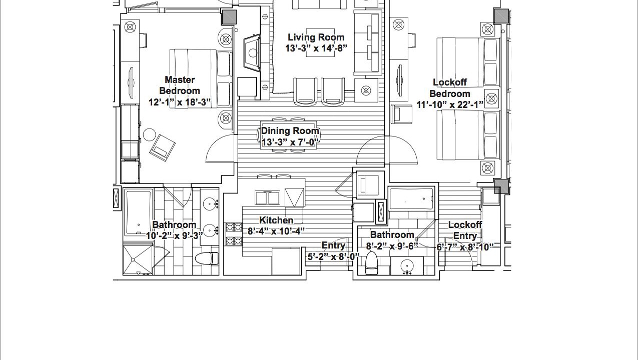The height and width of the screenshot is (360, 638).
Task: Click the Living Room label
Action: [316, 37]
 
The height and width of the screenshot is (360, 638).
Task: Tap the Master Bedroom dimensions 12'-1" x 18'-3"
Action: [180, 102]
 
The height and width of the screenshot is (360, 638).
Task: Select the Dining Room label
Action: [290, 131]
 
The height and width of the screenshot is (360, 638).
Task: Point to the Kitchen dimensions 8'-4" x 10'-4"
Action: [276, 231]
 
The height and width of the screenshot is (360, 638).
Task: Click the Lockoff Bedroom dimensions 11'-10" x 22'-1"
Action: [450, 104]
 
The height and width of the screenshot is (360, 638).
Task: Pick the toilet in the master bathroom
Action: [207, 258]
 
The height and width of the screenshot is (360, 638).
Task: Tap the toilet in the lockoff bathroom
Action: [371, 263]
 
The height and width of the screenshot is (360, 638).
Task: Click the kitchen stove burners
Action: [234, 234]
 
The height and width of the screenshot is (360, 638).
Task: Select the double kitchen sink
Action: [267, 197]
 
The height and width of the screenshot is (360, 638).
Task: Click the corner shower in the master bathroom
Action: [138, 259]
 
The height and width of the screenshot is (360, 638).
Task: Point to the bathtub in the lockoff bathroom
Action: [411, 198]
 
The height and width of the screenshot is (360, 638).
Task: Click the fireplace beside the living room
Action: [252, 52]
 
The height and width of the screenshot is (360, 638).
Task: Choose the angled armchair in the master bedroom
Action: [162, 147]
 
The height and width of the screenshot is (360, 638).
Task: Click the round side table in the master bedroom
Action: [149, 134]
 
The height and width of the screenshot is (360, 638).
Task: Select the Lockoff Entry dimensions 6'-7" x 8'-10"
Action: [465, 247]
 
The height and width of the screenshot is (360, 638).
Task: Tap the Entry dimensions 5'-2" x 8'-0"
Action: [333, 256]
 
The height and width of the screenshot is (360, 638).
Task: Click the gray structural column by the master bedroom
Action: [229, 17]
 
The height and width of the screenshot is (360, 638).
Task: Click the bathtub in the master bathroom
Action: [138, 212]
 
